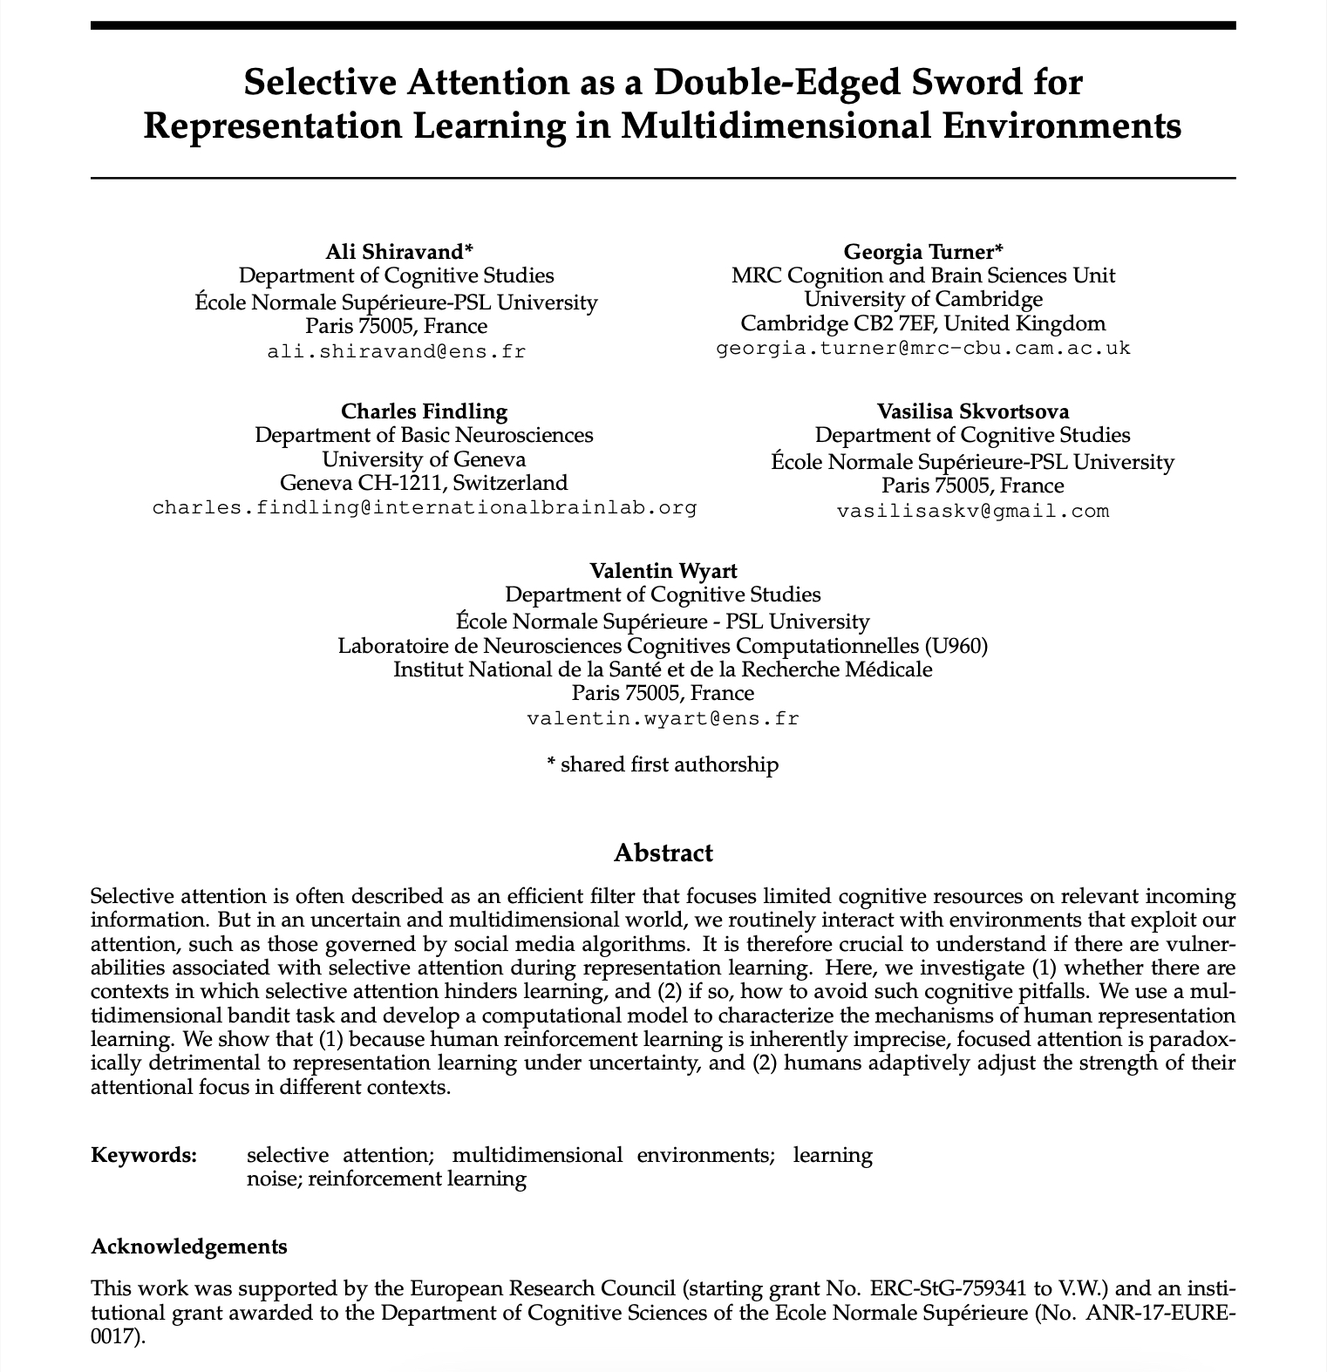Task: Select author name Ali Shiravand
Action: tap(398, 252)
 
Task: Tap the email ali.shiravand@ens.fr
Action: tap(397, 352)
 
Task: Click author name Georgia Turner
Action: tap(922, 252)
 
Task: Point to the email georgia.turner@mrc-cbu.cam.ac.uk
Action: tap(922, 349)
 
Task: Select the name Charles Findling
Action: tap(424, 411)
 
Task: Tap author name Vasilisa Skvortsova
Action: tap(973, 411)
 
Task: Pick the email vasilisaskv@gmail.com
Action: tap(973, 511)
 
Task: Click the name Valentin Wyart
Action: tap(663, 571)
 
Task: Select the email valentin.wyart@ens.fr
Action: tap(663, 719)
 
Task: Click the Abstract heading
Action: tap(663, 852)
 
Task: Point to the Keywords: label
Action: tap(144, 1156)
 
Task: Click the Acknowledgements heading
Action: tap(189, 1246)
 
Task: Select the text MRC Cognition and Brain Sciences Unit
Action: tap(922, 275)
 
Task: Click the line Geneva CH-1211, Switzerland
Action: tap(424, 483)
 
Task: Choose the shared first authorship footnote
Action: tap(663, 765)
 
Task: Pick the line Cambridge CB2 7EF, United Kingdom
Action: tap(922, 324)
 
